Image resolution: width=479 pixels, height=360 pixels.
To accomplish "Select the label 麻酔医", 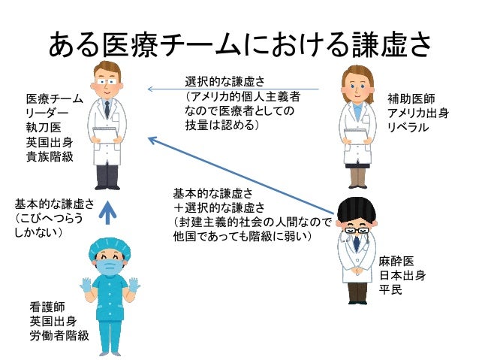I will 397,261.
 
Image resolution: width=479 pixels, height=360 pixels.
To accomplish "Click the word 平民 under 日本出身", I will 390,289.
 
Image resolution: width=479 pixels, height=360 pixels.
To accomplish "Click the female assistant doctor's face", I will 354,82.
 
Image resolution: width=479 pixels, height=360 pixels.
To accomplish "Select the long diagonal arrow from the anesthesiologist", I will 240,174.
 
